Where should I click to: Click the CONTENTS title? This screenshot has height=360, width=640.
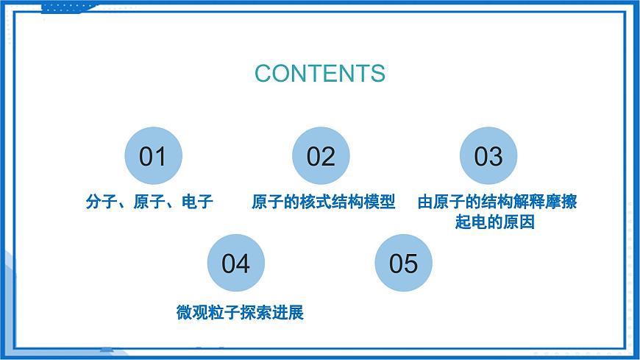coord(320,74)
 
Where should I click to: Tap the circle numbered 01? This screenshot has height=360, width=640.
coord(153,156)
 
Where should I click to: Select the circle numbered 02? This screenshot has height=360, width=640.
coord(321,156)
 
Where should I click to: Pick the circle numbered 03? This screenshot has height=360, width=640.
coord(488,156)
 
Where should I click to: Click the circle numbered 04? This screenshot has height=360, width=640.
coord(236,264)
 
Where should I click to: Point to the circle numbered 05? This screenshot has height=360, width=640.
coord(403,264)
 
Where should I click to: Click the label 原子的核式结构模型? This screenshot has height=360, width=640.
coord(324,202)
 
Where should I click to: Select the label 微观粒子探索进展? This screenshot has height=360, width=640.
coord(241,313)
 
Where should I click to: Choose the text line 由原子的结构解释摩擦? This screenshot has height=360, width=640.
coord(497,202)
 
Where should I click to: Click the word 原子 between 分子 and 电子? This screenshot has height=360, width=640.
coord(149,202)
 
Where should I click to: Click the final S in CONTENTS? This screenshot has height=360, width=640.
coord(377,74)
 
